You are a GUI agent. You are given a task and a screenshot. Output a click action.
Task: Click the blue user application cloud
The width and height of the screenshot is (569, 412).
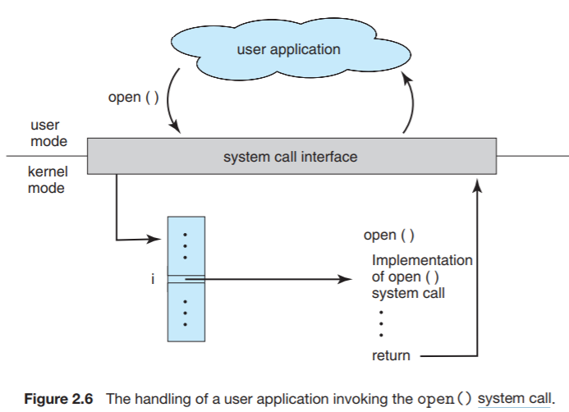click(288, 49)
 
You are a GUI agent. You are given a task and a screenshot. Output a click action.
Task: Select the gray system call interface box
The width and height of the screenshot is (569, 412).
click(291, 156)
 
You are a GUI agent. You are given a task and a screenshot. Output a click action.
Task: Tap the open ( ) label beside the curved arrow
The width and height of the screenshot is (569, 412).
click(135, 98)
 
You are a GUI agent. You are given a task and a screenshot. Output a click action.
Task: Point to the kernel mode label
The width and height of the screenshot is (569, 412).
click(48, 181)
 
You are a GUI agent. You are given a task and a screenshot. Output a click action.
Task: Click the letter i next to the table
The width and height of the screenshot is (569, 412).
click(152, 279)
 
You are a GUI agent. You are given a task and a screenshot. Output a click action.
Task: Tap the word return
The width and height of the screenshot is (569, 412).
click(391, 355)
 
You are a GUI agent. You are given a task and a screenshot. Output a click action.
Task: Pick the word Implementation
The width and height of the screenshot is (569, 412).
click(422, 260)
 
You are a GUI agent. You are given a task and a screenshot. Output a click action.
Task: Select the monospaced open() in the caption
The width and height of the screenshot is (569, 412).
click(445, 398)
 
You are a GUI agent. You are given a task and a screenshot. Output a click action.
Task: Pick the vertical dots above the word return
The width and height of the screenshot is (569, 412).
click(382, 323)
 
